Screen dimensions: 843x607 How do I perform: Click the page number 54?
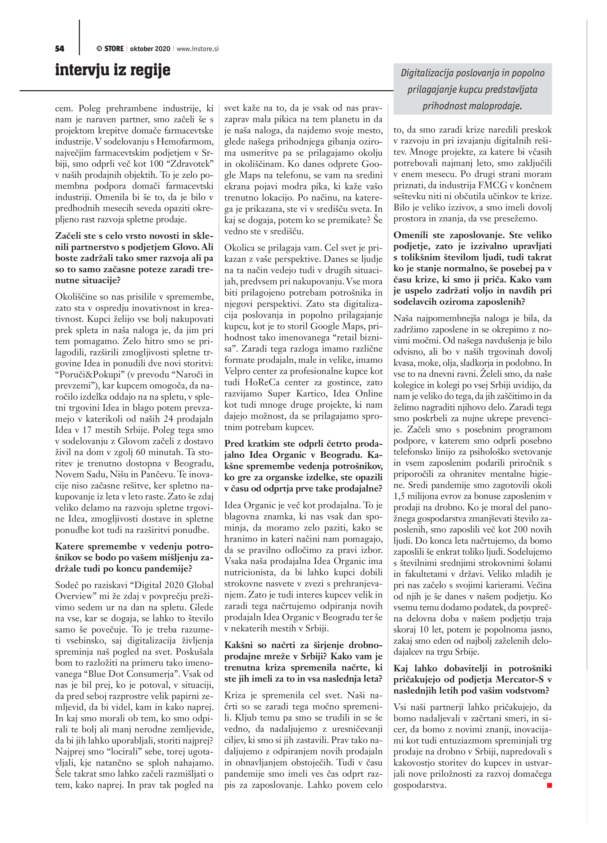pos(59,49)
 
